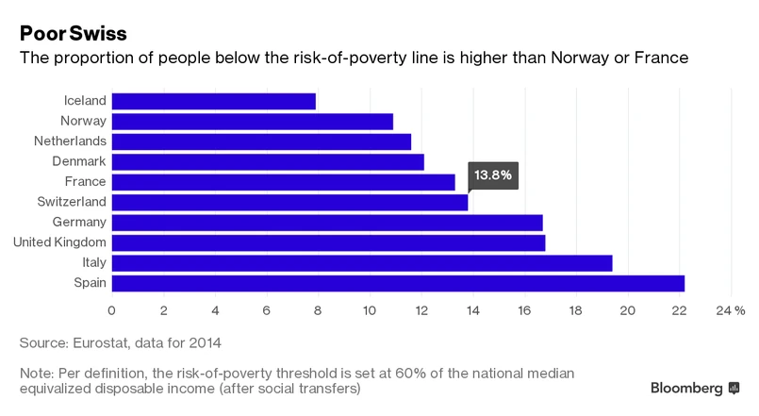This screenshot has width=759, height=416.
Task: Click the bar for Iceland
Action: coord(214,101)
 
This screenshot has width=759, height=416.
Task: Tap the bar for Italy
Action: coord(362,262)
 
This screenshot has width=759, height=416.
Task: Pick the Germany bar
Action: coord(327,223)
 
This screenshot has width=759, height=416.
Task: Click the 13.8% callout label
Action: coord(493,175)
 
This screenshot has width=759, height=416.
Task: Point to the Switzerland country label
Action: coord(72,202)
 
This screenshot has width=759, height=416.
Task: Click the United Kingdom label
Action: coord(59,242)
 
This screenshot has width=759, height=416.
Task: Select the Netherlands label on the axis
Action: coord(70,141)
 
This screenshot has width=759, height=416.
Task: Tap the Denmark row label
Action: coord(78,161)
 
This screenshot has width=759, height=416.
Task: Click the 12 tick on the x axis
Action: coord(421,309)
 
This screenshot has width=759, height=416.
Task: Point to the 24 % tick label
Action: coord(731,309)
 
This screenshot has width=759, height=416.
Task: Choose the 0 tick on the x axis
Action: coord(112,309)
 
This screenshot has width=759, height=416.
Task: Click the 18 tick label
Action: coord(575,309)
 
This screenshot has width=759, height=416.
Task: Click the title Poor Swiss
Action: coord(72,33)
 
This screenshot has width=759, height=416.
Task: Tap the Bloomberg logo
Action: coord(696,388)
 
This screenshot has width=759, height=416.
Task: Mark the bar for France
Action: coord(284,182)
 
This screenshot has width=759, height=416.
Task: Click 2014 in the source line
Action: coord(206,341)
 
